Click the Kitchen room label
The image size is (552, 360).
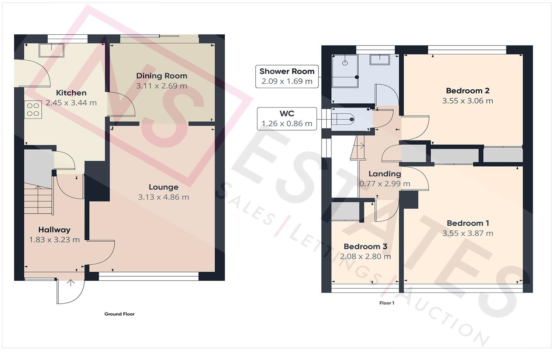click(x=71, y=93)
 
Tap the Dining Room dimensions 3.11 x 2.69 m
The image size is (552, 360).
click(x=162, y=86)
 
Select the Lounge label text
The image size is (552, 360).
click(x=163, y=187)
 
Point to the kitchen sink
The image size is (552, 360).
click(x=52, y=50)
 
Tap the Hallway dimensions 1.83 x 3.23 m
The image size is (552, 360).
click(x=54, y=240)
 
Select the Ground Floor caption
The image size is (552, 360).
click(x=119, y=314)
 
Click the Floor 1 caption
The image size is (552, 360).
click(x=387, y=303)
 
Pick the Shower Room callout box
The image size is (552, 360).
click(x=287, y=76)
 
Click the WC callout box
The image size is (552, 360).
click(x=287, y=119)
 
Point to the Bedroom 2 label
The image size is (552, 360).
click(x=468, y=90)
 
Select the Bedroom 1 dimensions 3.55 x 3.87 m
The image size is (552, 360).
click(x=468, y=233)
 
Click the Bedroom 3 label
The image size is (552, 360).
click(x=365, y=246)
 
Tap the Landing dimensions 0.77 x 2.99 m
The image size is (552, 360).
click(x=385, y=184)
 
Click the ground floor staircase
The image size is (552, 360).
click(x=38, y=200)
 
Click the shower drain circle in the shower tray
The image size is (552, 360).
click(x=345, y=63)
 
